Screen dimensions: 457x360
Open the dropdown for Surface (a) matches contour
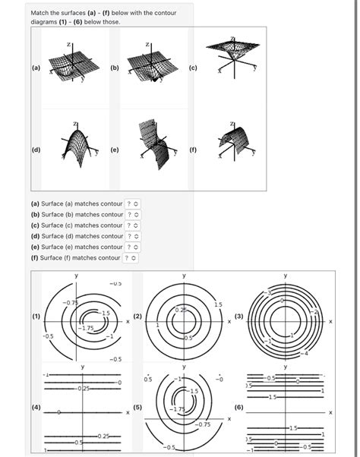coord(133,203)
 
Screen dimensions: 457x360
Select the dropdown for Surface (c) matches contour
coord(133,225)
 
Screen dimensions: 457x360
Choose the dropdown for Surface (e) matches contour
coord(133,247)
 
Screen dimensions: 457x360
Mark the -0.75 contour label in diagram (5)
coord(203,424)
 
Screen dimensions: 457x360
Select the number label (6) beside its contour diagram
coord(239,408)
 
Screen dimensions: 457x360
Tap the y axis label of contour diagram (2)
coord(183,275)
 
